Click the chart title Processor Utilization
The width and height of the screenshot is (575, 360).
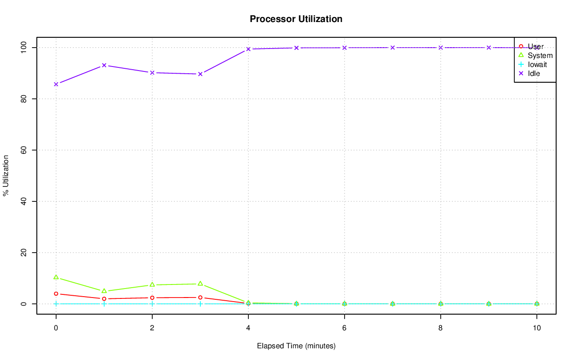tap(296, 19)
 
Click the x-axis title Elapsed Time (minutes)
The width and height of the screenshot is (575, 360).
tap(296, 346)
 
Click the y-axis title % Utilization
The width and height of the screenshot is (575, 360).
tap(6, 175)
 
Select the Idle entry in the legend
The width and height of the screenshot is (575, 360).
tap(534, 73)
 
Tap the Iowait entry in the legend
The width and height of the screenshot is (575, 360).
tap(537, 64)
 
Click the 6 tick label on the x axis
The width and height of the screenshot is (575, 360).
tap(344, 328)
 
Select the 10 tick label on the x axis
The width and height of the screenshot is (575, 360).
tap(536, 328)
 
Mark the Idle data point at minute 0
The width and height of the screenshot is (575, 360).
tap(56, 84)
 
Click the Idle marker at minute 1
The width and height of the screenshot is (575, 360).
tap(104, 65)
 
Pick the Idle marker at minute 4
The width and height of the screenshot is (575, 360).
tap(248, 49)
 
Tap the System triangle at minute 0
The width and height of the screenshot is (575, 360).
tap(56, 277)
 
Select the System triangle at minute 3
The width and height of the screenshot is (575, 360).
tap(200, 284)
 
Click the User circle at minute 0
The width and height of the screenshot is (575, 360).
tap(56, 293)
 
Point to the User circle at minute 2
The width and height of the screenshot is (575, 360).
tap(152, 298)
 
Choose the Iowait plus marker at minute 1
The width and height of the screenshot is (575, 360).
tap(104, 304)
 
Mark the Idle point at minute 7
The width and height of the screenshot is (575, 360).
tap(392, 47)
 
